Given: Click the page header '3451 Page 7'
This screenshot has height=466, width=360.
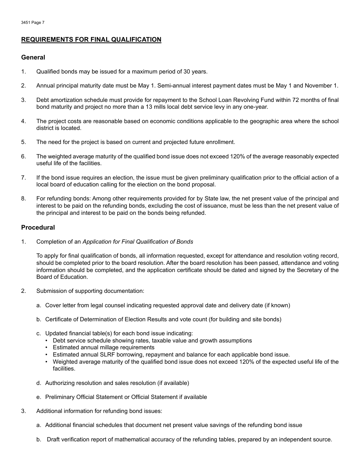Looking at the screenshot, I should point(33,23).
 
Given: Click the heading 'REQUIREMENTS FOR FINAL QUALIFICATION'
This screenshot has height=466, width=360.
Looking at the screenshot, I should point(91,39).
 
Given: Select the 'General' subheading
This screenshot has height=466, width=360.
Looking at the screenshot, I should point(33,57).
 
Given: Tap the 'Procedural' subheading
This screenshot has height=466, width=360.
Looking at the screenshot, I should point(38,227).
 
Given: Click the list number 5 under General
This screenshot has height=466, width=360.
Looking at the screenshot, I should point(23,142).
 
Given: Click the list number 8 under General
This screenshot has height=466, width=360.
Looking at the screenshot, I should point(23,199).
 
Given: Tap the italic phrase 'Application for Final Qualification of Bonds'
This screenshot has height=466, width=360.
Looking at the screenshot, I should point(138,242).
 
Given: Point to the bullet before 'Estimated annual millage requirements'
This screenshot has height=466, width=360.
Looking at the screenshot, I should point(46,348).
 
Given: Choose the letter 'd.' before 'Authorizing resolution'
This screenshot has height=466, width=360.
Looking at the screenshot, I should point(39,383).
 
